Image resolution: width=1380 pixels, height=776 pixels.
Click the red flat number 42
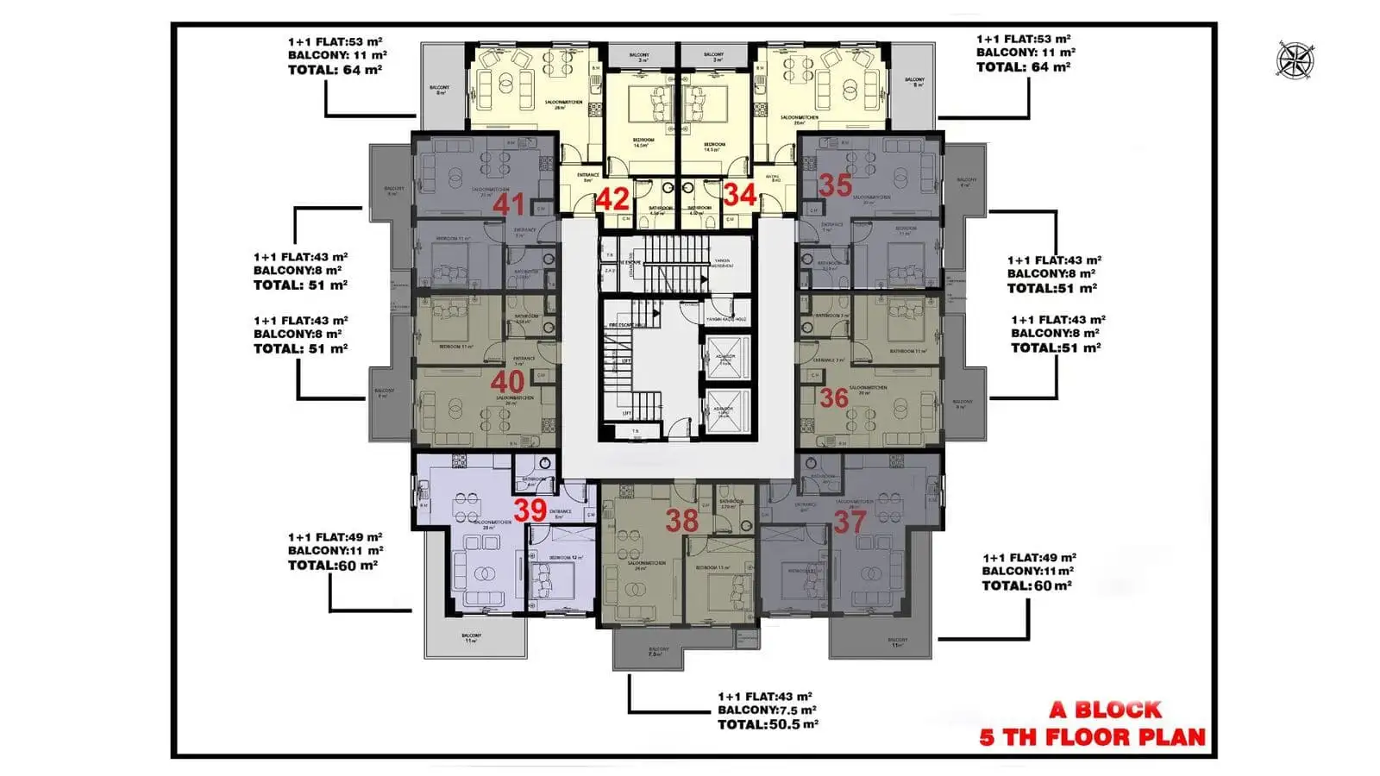(x=612, y=199)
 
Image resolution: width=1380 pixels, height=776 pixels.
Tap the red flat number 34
(x=740, y=195)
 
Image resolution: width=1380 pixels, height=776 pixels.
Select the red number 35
(x=835, y=185)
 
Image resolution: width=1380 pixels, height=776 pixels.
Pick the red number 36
(x=834, y=397)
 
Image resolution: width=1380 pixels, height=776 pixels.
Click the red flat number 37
(x=850, y=521)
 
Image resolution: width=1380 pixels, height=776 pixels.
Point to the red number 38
(x=681, y=520)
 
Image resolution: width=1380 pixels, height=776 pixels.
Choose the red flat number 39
(x=530, y=509)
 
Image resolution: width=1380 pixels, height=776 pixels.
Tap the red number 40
(x=507, y=381)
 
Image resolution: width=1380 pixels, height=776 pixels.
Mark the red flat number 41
(x=509, y=204)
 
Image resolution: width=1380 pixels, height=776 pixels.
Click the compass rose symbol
(x=1295, y=59)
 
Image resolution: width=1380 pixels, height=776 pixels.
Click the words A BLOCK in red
(x=1105, y=710)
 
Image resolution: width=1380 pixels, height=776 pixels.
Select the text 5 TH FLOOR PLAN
(x=1092, y=737)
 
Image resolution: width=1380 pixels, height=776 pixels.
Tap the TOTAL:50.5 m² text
(x=768, y=724)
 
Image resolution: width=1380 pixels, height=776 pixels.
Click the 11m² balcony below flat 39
(x=474, y=638)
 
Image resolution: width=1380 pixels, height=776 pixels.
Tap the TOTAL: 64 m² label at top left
(x=335, y=69)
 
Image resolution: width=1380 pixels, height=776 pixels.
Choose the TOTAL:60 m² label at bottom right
(x=1026, y=585)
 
